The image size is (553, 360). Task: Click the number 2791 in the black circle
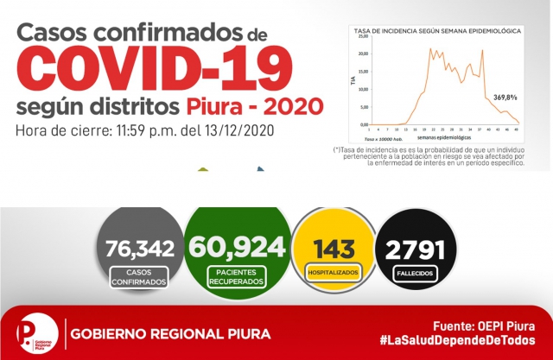point(416,250)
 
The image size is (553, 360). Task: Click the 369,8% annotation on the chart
point(505,96)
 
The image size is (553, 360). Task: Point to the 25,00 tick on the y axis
point(364,37)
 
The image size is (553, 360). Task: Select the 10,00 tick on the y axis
point(364,90)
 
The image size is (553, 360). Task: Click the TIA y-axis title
point(352,80)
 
